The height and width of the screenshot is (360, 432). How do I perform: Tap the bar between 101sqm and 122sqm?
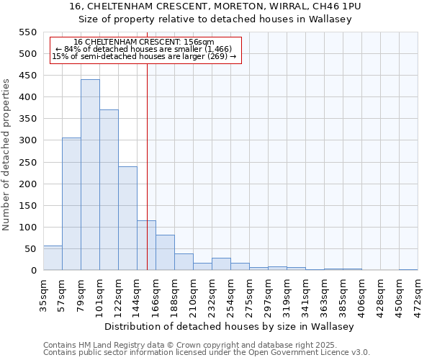(x=109, y=190)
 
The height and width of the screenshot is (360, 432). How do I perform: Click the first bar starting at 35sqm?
(x=53, y=258)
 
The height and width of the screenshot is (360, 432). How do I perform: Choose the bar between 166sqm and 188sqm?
(x=165, y=253)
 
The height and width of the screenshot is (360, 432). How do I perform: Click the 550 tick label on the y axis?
(x=27, y=32)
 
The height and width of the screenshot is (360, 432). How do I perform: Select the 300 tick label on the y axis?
(x=27, y=140)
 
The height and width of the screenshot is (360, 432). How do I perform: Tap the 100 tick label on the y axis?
(x=27, y=228)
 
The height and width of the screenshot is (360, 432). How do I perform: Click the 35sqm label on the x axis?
(x=44, y=293)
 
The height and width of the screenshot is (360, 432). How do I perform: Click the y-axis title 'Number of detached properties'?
(x=7, y=155)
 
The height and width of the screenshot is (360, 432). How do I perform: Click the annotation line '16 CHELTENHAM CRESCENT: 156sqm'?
(x=144, y=42)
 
